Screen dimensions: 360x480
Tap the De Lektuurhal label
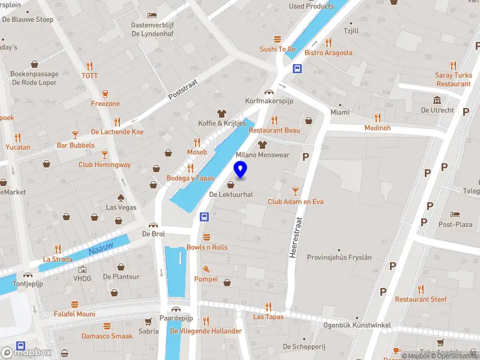231,194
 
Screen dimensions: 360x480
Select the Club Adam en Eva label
295,202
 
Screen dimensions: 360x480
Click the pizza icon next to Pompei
206,269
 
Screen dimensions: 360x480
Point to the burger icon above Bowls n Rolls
207,237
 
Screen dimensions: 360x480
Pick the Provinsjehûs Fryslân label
339,257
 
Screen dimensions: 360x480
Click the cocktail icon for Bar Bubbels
76,135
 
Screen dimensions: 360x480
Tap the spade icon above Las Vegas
121,197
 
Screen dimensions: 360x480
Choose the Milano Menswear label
262,155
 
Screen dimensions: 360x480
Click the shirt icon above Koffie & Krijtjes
222,113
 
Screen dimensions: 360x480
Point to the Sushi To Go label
277,49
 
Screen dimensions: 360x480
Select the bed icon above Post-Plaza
455,214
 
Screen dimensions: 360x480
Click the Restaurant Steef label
421,299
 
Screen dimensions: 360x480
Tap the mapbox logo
26,353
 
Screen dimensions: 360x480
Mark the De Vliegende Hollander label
206,331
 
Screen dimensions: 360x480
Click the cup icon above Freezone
106,94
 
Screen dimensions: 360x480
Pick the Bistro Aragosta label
328,53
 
